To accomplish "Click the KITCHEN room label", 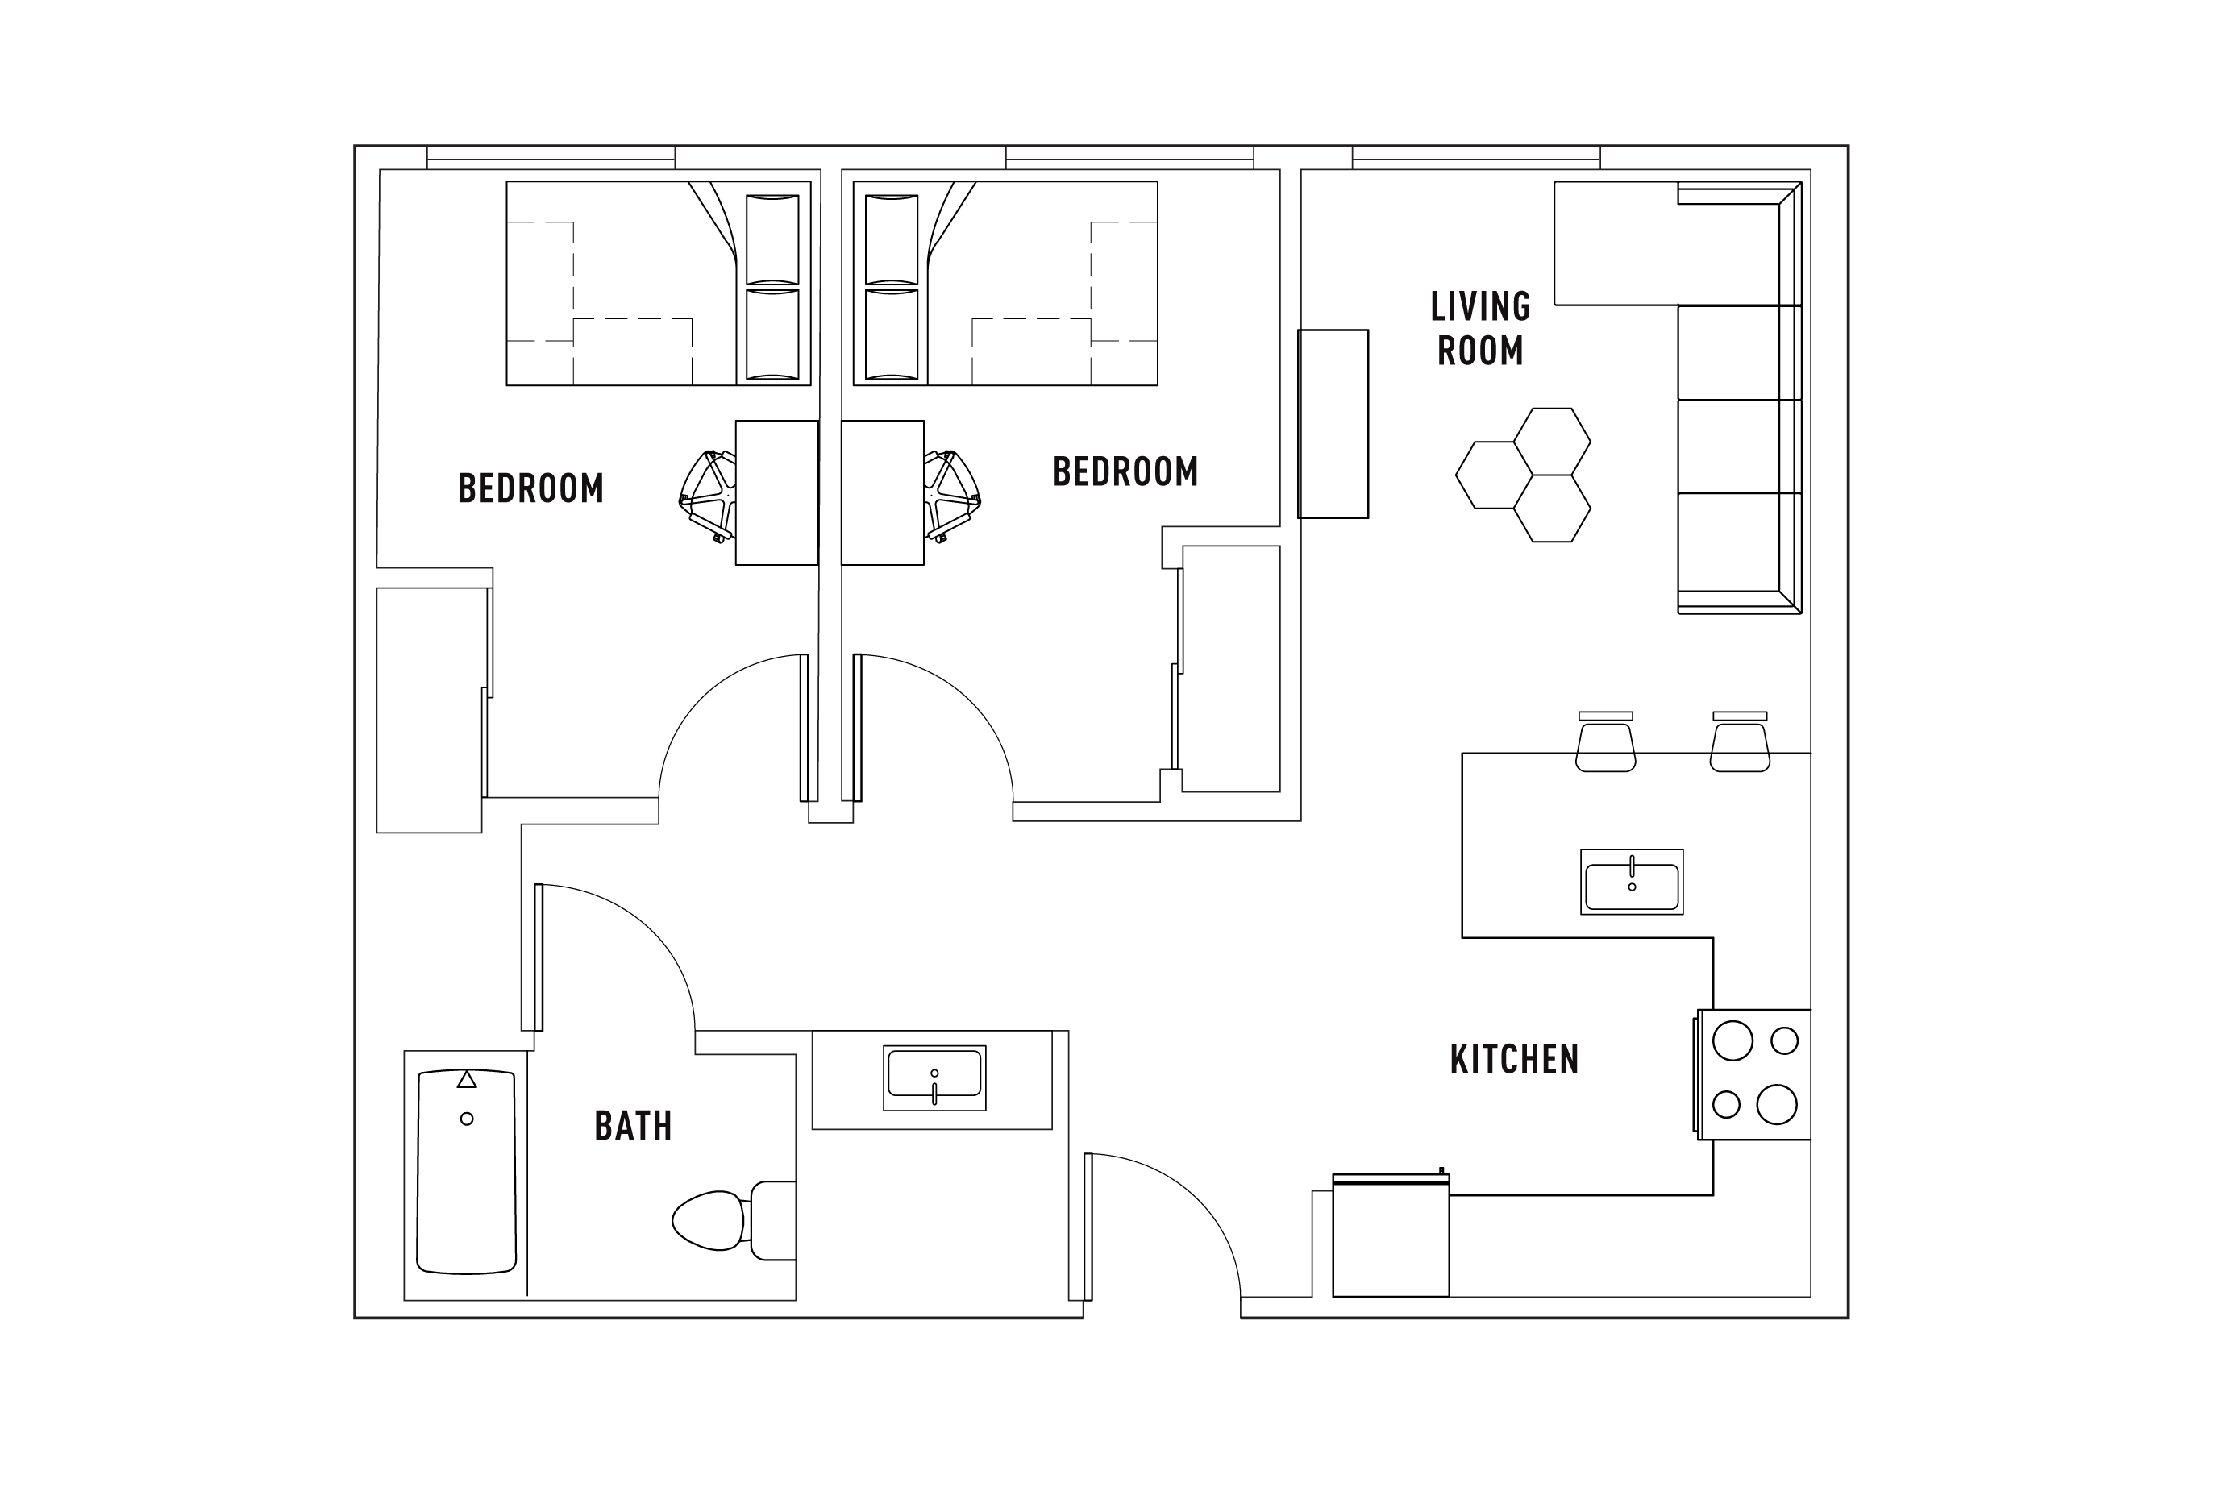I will pyautogui.click(x=1513, y=1059).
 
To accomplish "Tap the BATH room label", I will pyautogui.click(x=633, y=1126).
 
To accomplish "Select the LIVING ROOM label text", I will pyautogui.click(x=1480, y=329).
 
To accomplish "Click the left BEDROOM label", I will pyautogui.click(x=531, y=488).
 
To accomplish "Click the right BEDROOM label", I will pyautogui.click(x=1125, y=471).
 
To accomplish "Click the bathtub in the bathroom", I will pyautogui.click(x=466, y=1172).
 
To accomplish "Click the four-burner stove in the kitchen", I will pyautogui.click(x=1754, y=1073).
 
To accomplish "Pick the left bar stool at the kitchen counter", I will pyautogui.click(x=1606, y=745).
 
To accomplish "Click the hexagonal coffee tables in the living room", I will pyautogui.click(x=1524, y=475).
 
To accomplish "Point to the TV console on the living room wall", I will pyautogui.click(x=1332, y=423).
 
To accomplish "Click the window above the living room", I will pyautogui.click(x=1475, y=157).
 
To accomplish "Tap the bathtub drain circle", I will pyautogui.click(x=466, y=1119).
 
